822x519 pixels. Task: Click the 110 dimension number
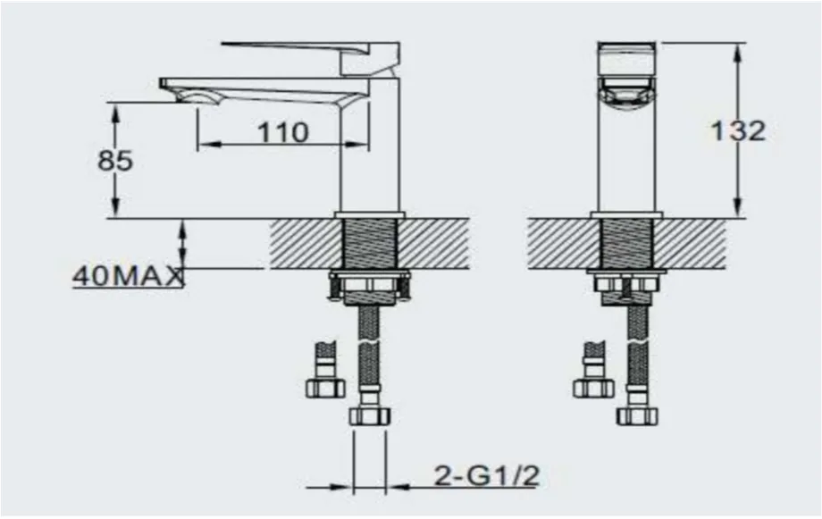point(282,132)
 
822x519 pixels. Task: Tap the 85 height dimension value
point(114,161)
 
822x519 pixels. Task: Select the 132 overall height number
point(738,130)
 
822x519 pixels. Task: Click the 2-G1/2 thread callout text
point(486,476)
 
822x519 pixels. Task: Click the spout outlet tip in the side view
point(193,97)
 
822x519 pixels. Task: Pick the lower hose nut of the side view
point(370,415)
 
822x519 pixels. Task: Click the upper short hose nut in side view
point(325,388)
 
